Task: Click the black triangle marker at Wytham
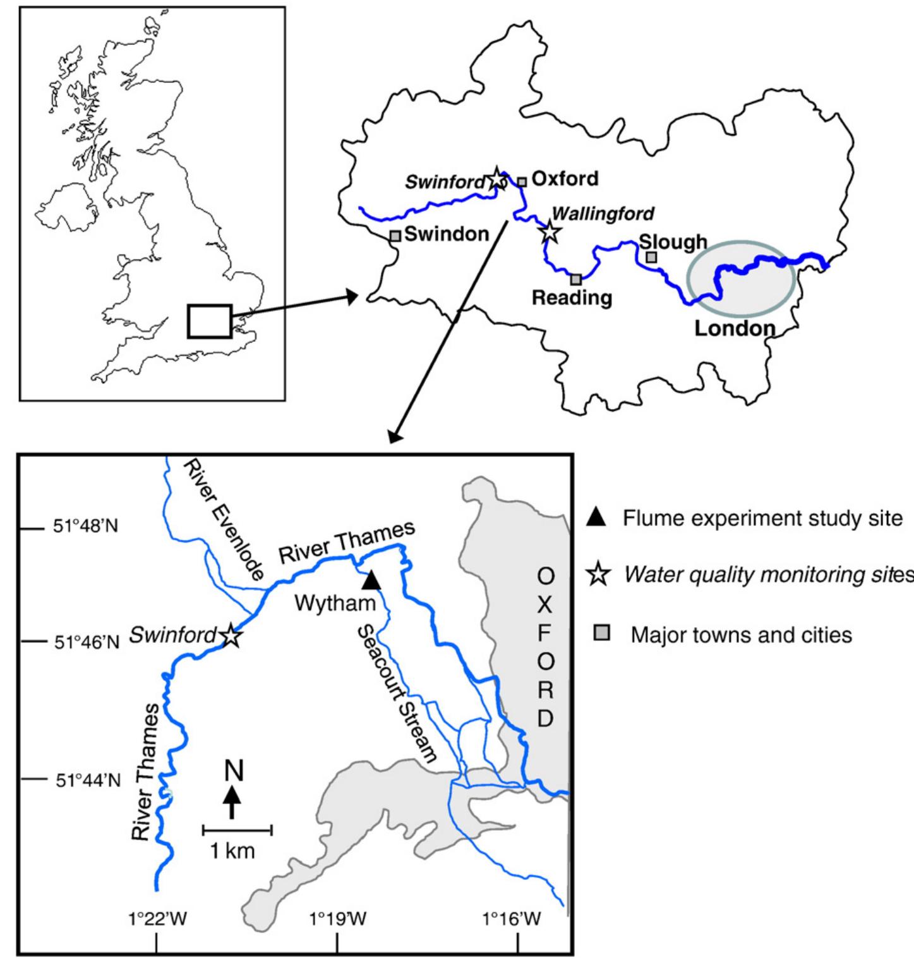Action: pyautogui.click(x=371, y=580)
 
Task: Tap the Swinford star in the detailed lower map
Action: pyautogui.click(x=231, y=636)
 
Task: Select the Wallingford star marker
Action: pyautogui.click(x=550, y=231)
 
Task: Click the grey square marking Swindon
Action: pyautogui.click(x=395, y=236)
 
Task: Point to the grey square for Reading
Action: pyautogui.click(x=575, y=279)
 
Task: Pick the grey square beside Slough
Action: pyautogui.click(x=651, y=257)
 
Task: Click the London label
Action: pyautogui.click(x=734, y=328)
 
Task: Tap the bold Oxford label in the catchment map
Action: pyautogui.click(x=565, y=179)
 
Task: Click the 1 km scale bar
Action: pyautogui.click(x=237, y=829)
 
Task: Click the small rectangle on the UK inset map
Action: pyautogui.click(x=209, y=321)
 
